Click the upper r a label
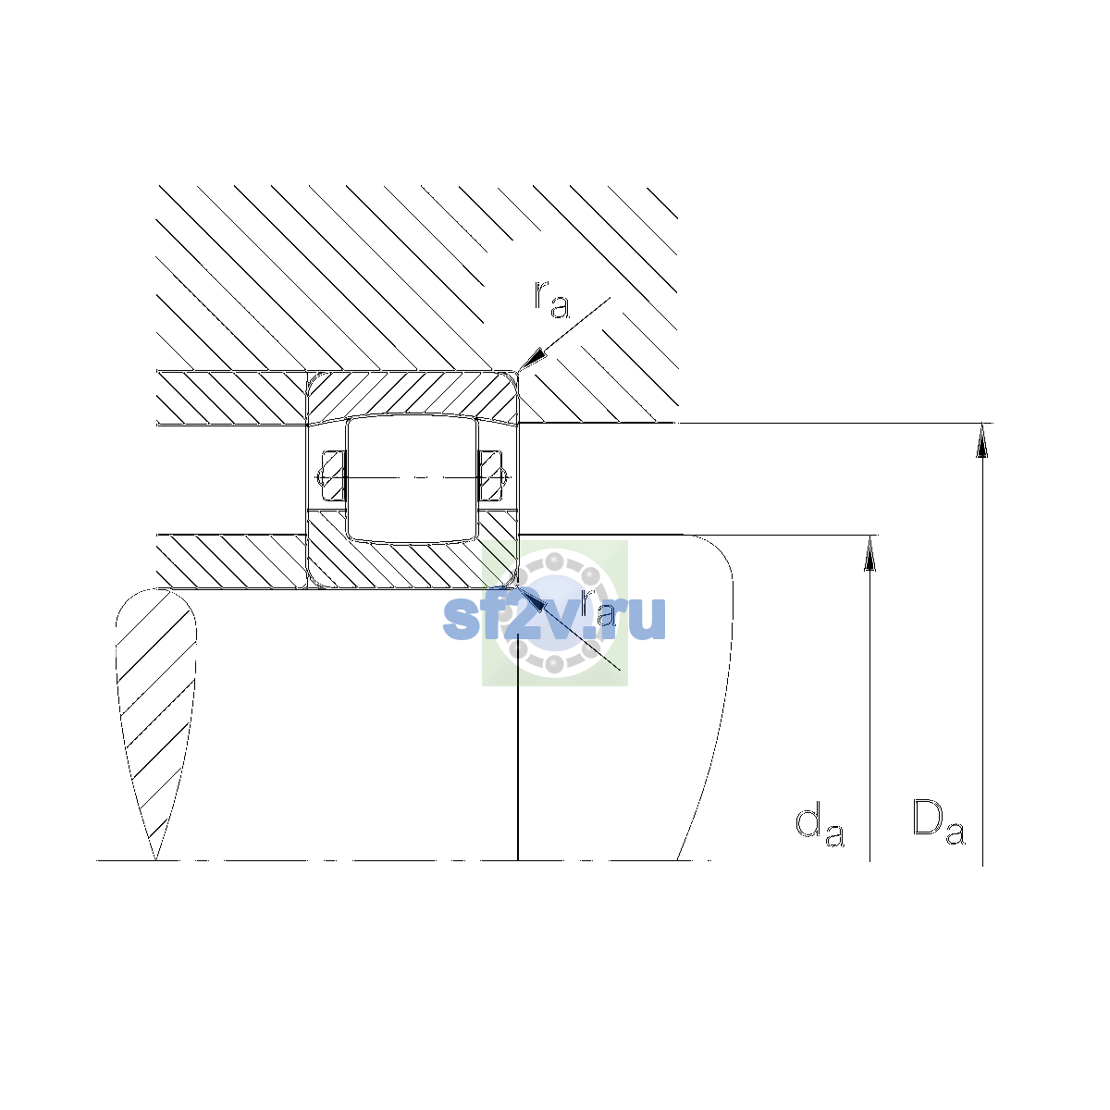tap(551, 300)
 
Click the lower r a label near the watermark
tap(598, 609)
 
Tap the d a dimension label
tap(820, 826)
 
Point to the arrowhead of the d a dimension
tap(869, 553)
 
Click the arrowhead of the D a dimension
tap(982, 440)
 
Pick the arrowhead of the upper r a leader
tap(531, 360)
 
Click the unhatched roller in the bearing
tap(412, 479)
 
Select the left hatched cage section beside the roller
tap(333, 475)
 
